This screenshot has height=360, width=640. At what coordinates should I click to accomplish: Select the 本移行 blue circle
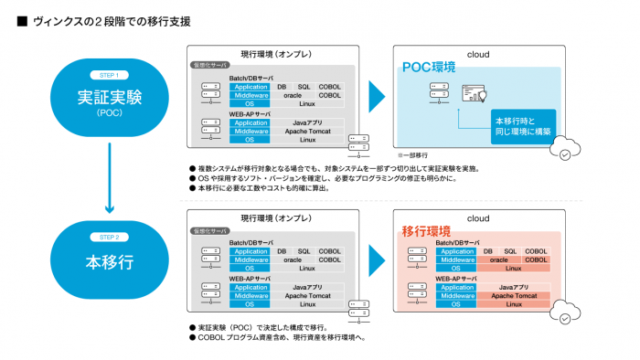109,261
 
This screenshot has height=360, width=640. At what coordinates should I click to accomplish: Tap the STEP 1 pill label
109,75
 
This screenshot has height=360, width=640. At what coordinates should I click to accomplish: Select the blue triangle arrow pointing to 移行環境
376,259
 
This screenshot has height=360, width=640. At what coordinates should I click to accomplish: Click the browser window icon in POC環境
480,93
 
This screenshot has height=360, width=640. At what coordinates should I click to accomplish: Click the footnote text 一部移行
413,155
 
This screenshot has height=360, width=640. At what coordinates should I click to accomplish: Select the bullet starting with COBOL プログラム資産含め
279,337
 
